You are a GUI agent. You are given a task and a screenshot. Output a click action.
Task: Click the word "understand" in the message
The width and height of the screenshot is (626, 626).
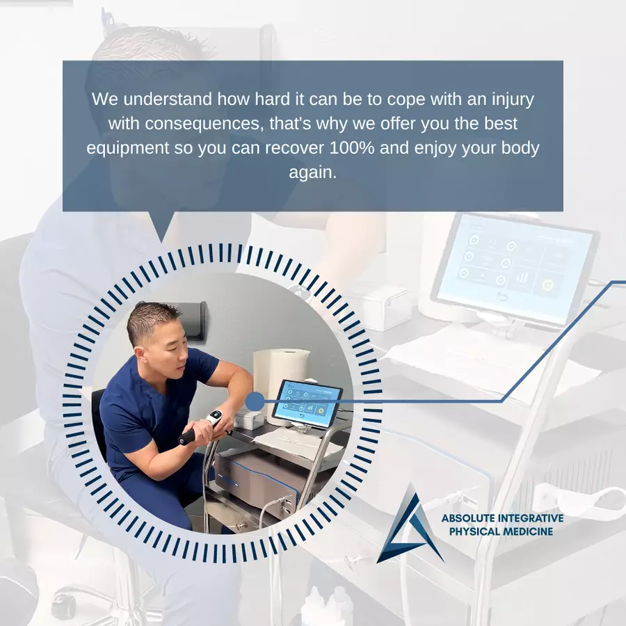168,99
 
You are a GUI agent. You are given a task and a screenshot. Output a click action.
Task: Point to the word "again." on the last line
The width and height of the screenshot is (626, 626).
313,173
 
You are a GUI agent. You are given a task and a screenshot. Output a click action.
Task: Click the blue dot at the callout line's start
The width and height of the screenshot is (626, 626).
255,401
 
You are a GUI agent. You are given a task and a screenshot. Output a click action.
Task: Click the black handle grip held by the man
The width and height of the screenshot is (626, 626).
187,438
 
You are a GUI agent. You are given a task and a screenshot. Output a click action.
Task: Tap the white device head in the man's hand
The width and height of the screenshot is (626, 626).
214,417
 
